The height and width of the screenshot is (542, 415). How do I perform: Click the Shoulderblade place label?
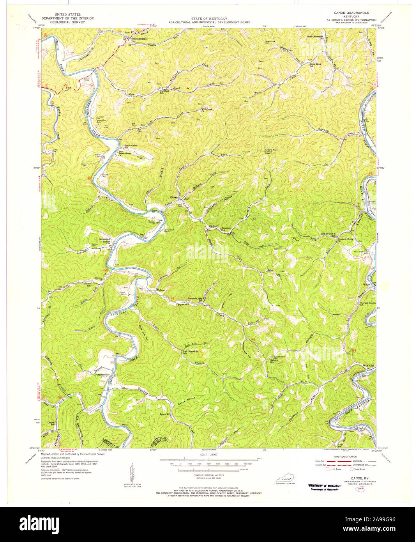(x=140, y=39)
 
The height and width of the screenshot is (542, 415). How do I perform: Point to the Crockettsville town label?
(x=101, y=375)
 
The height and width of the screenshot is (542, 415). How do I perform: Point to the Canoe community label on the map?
(x=173, y=197)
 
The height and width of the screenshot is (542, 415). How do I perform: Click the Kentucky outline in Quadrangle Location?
(x=286, y=479)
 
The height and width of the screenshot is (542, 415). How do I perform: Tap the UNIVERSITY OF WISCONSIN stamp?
(x=322, y=485)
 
